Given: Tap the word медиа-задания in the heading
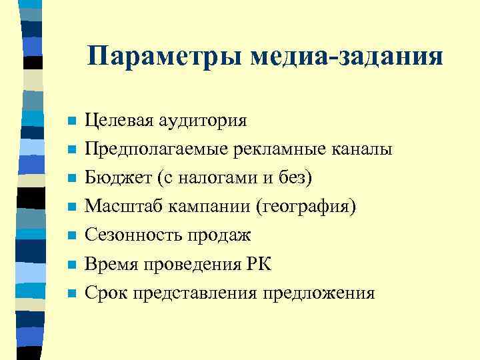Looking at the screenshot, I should point(346,56).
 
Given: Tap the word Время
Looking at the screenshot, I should point(111,264).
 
